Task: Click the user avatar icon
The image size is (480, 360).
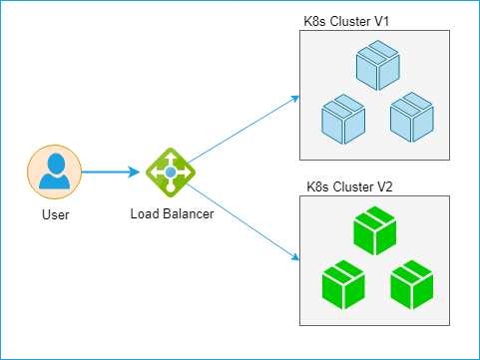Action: (x=55, y=172)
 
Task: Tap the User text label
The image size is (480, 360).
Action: (x=55, y=214)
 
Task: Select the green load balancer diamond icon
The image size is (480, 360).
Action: (x=171, y=173)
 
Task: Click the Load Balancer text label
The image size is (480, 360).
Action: (x=171, y=213)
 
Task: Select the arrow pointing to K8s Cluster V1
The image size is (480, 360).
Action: (x=244, y=128)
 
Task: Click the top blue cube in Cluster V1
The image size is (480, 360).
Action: (x=376, y=66)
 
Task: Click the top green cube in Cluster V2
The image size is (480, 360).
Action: (x=376, y=230)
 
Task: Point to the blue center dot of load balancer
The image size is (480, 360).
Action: (x=171, y=173)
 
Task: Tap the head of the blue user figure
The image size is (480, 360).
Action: (x=55, y=162)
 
